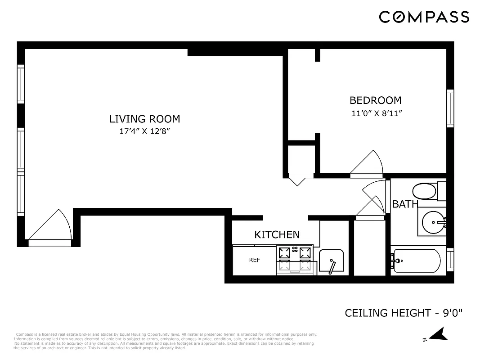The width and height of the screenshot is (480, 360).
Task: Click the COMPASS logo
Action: tap(424, 17)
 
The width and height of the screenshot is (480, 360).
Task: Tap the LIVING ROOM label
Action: tap(144, 119)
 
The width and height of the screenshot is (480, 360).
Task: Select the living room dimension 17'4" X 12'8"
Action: tap(144, 132)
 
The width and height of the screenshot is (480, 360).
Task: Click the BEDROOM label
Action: tap(375, 100)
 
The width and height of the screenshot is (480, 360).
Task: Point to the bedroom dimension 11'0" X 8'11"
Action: tap(376, 113)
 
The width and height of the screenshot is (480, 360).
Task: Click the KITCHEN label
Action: tap(277, 234)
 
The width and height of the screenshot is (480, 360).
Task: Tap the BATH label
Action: tap(405, 204)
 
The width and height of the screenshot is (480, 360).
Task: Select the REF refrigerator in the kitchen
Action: tap(254, 260)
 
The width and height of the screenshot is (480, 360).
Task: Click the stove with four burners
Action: tap(295, 260)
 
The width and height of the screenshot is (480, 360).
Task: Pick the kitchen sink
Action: tap(332, 261)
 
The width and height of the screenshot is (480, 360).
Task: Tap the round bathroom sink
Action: tap(434, 221)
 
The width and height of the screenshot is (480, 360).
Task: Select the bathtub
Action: tap(417, 261)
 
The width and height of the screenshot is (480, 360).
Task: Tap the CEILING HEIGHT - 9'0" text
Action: tap(404, 312)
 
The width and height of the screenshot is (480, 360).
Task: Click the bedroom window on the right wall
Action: tap(449, 108)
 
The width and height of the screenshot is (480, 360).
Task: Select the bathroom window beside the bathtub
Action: tap(450, 261)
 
